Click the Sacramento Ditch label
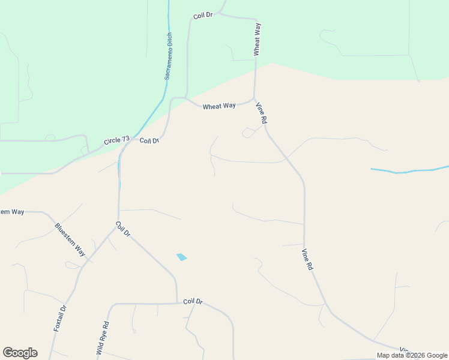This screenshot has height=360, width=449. pyautogui.click(x=169, y=57)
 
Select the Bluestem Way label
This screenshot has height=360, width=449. pyautogui.click(x=70, y=240)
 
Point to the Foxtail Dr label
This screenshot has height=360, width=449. pyautogui.click(x=59, y=318)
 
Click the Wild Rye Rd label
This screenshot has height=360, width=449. pyautogui.click(x=103, y=338)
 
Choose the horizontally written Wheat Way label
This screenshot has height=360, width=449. pyautogui.click(x=219, y=106)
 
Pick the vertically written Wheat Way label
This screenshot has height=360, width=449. pyautogui.click(x=257, y=40)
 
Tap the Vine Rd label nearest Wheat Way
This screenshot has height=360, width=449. pyautogui.click(x=261, y=113)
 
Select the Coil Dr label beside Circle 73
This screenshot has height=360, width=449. pyautogui.click(x=149, y=140)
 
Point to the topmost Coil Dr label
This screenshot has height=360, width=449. pyautogui.click(x=203, y=14)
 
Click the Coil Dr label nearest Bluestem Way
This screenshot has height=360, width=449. pyautogui.click(x=123, y=229)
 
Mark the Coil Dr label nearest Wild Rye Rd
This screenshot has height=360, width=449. pyautogui.click(x=193, y=301)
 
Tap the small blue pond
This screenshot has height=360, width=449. pyautogui.click(x=182, y=257)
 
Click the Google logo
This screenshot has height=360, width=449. pyautogui.click(x=20, y=353)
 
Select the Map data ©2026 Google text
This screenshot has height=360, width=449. pyautogui.click(x=412, y=355)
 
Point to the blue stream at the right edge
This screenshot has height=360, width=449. pyautogui.click(x=408, y=171)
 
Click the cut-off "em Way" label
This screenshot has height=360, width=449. pyautogui.click(x=12, y=212)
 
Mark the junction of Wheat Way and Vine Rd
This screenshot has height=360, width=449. pyautogui.click(x=255, y=99)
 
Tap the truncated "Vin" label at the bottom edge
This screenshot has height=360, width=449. pyautogui.click(x=405, y=350)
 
